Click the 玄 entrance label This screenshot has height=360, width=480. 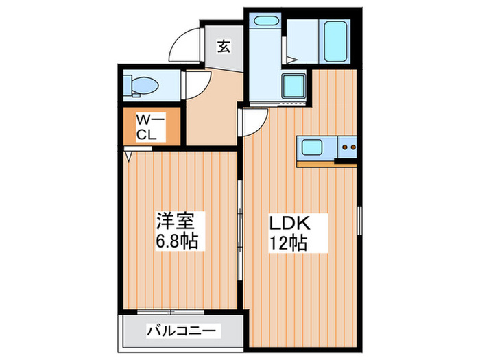click(224, 47)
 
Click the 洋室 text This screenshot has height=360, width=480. click(177, 222)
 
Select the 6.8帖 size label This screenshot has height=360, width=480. click(177, 241)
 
